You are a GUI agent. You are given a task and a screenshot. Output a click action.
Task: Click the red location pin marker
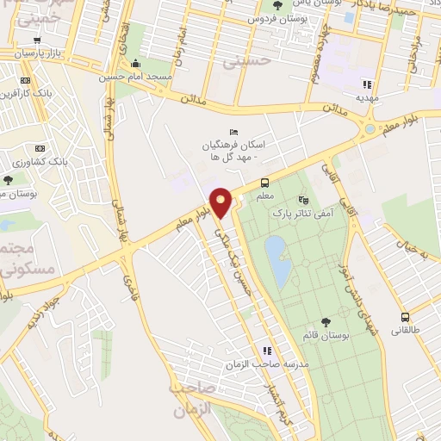221,203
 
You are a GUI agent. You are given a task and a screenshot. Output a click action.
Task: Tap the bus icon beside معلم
264,183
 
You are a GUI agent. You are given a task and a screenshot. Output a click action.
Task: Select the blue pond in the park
276,262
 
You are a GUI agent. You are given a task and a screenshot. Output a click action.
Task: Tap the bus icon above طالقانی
404,317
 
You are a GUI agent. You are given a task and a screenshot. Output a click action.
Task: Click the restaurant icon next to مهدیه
365,84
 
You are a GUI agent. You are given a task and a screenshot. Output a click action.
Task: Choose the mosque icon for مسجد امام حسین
134,64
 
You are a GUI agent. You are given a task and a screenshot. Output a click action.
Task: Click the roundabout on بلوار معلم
370,128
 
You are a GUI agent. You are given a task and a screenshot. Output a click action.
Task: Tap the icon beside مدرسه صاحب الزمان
267,351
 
